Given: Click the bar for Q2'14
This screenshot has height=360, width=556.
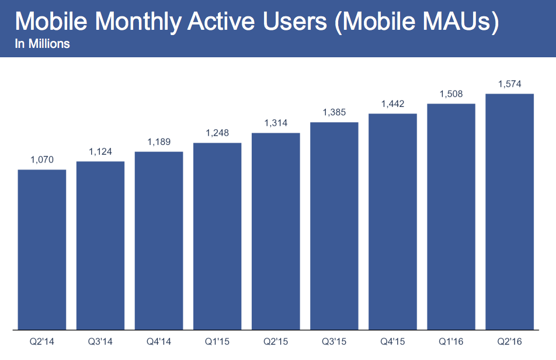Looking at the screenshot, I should (42, 250).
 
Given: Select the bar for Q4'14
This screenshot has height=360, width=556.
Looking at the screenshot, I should (159, 240).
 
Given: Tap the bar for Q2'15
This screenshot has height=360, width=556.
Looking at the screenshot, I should (276, 231).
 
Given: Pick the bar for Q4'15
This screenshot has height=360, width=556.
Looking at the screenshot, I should (392, 221).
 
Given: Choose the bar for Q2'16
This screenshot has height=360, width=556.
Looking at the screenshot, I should (509, 212).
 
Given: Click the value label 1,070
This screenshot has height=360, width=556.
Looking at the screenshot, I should (42, 160).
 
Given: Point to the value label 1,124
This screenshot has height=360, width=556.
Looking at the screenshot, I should (100, 151).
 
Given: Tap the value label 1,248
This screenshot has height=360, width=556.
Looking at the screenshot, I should (217, 133).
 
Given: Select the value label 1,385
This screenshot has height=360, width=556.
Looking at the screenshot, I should (334, 112).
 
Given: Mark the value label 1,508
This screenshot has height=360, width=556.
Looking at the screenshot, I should (451, 94).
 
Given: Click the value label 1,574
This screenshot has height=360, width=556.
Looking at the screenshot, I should (509, 84).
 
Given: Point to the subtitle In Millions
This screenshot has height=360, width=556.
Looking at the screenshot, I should (42, 44).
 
